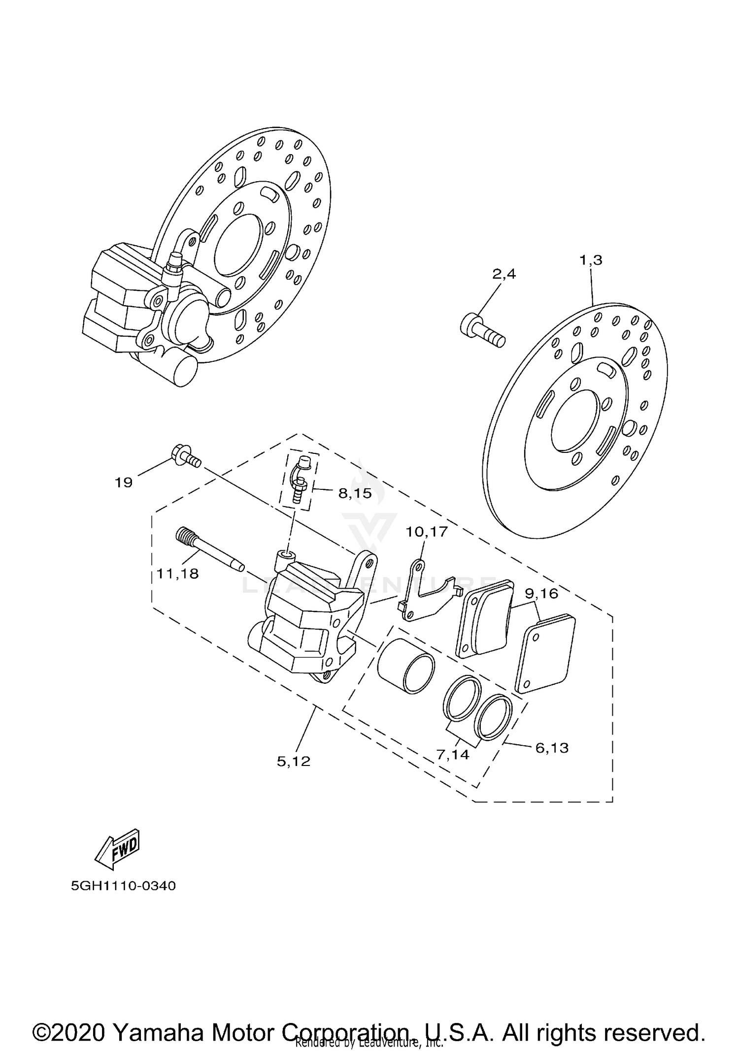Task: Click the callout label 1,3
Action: coord(591,260)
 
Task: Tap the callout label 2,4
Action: coord(504,274)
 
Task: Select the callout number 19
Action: coord(124,482)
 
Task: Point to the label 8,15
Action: coord(355,493)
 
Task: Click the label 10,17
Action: coord(426,532)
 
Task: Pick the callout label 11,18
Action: coord(177,573)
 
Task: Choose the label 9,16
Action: coord(541,594)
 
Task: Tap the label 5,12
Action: coord(294,762)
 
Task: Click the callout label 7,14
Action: coord(453,754)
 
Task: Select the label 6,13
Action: coord(552,748)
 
